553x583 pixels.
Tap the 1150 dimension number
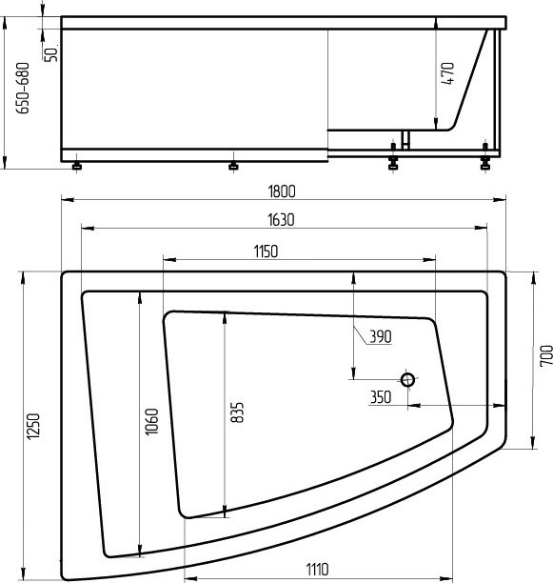pos(265,251)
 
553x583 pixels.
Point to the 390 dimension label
pos(380,335)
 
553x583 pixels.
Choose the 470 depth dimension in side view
pos(448,73)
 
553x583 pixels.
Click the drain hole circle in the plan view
pos(408,380)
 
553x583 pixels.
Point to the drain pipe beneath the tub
pos(405,139)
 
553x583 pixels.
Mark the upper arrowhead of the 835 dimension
pos(224,316)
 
